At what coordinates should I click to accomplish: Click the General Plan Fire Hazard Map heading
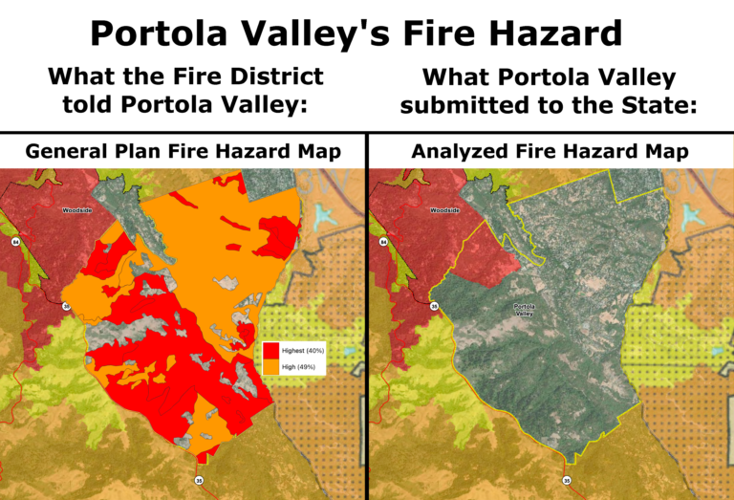coord(183,151)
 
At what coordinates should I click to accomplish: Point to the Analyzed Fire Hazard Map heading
coord(550,151)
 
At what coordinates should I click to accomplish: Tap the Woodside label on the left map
coord(76,209)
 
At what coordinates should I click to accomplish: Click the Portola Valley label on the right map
coord(524,308)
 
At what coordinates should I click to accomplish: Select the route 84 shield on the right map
coord(384,243)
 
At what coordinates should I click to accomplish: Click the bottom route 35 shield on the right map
coord(567,479)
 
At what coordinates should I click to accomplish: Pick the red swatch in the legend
coord(270,351)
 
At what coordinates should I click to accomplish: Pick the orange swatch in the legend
coord(270,366)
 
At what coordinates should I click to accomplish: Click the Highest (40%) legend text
coord(302,351)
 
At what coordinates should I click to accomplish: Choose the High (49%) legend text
coord(298,366)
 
